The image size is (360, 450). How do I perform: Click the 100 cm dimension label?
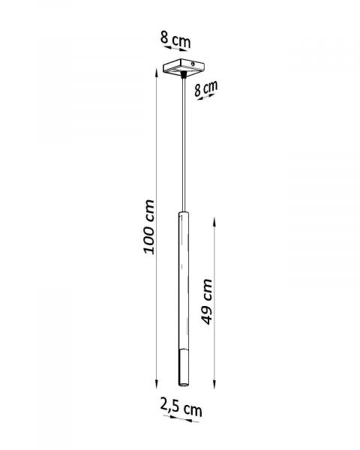[x=149, y=226]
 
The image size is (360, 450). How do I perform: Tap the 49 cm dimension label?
[x=207, y=301]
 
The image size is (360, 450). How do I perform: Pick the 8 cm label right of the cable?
[x=205, y=88]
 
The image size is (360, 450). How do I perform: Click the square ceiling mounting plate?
[x=184, y=67]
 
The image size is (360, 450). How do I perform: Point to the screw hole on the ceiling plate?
[x=193, y=64]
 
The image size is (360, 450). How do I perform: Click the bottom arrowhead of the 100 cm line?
[x=157, y=384]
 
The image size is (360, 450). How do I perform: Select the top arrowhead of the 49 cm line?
[x=214, y=222]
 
